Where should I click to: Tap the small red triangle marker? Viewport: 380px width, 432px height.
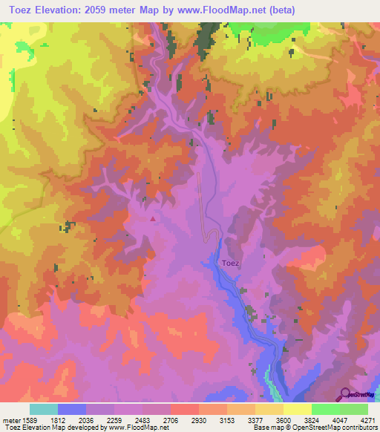(153, 219)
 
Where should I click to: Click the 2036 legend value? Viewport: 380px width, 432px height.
(87, 419)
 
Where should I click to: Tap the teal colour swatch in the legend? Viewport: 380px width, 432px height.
(44, 409)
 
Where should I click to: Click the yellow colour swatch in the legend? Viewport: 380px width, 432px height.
(298, 409)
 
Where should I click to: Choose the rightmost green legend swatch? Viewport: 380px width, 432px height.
(354, 409)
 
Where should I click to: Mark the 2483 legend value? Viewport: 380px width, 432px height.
(143, 419)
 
